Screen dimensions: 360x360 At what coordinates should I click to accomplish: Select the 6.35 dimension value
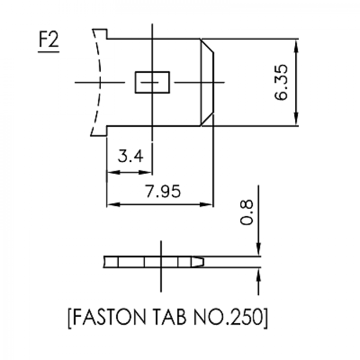[281, 82]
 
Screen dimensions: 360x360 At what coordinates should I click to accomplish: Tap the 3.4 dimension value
[131, 156]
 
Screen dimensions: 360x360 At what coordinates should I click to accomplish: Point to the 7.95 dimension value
[163, 191]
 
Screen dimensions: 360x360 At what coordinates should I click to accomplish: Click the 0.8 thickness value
[246, 212]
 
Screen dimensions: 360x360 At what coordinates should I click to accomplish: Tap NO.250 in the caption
[228, 317]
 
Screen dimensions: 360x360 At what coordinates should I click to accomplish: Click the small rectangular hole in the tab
[152, 82]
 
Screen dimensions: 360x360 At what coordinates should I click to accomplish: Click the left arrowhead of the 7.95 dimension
[114, 204]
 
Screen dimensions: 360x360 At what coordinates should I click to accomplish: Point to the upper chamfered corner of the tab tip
[207, 46]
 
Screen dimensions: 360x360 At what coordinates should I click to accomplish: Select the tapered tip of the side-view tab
[197, 262]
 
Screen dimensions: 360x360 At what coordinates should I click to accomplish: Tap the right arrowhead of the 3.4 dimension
[146, 172]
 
